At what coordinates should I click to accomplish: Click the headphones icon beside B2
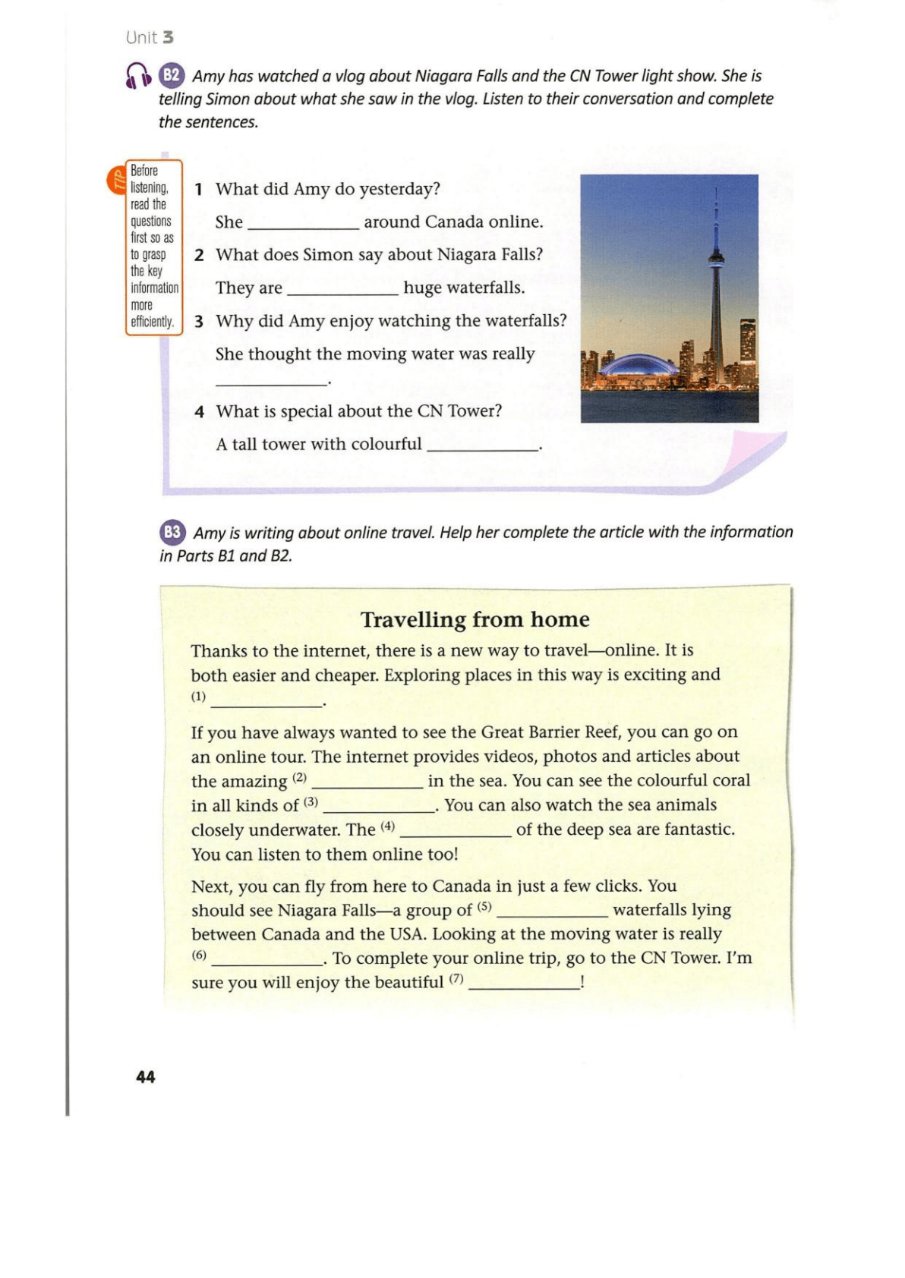(138, 76)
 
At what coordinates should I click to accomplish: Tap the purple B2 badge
(172, 75)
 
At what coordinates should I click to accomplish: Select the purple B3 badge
(172, 532)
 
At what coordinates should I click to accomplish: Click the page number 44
(145, 1076)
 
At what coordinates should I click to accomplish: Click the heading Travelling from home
(475, 619)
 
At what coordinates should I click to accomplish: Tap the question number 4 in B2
(199, 412)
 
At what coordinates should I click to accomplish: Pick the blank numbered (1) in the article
(266, 702)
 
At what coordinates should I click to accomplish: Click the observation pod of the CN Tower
(716, 260)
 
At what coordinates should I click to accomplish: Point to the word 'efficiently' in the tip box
(152, 322)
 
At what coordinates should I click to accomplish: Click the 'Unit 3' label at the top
(150, 37)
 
